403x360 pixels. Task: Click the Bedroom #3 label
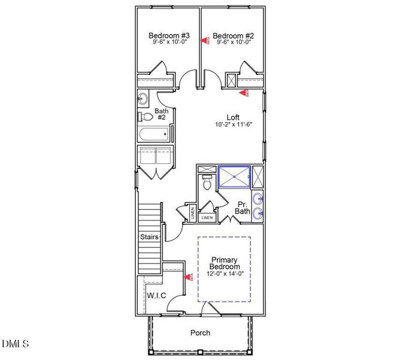[169, 35]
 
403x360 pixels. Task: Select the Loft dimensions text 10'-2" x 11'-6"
[234, 125]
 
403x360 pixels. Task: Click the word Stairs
[149, 237]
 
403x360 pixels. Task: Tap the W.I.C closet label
[156, 296]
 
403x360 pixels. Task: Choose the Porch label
[200, 332]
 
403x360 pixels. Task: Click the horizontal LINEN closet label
[207, 218]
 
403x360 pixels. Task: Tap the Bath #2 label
[161, 114]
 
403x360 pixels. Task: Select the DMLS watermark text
[16, 344]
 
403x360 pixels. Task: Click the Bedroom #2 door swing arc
[210, 78]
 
